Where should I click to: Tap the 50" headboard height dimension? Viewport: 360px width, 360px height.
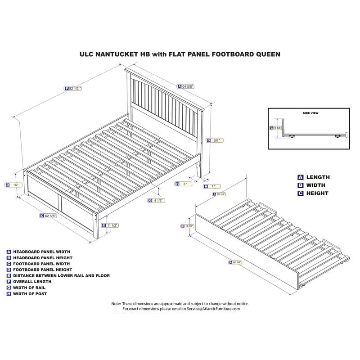click(217, 140)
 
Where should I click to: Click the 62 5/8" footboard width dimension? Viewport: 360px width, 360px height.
click(50, 216)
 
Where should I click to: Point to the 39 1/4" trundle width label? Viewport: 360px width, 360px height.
click(221, 194)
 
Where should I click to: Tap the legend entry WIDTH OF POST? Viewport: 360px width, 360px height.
click(32, 293)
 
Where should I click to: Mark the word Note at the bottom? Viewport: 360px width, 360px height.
click(116, 304)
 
